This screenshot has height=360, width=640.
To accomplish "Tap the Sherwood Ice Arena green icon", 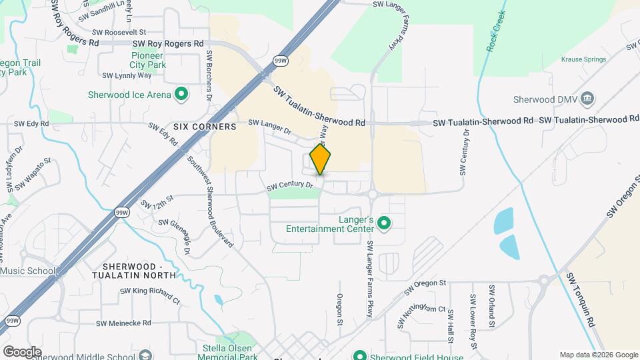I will [x=180, y=95].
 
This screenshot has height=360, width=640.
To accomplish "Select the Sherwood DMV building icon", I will [x=587, y=100].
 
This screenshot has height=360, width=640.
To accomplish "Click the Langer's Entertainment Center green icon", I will [x=383, y=223].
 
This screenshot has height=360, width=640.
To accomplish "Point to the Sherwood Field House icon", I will [x=360, y=356].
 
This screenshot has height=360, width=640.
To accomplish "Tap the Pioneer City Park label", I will [x=148, y=61].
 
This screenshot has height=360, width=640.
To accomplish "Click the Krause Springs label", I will [x=583, y=59].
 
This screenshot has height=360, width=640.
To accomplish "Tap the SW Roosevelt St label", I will [x=119, y=31].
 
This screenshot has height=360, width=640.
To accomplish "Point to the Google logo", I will [x=22, y=351].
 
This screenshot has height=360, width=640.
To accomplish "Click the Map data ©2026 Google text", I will [x=598, y=355].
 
